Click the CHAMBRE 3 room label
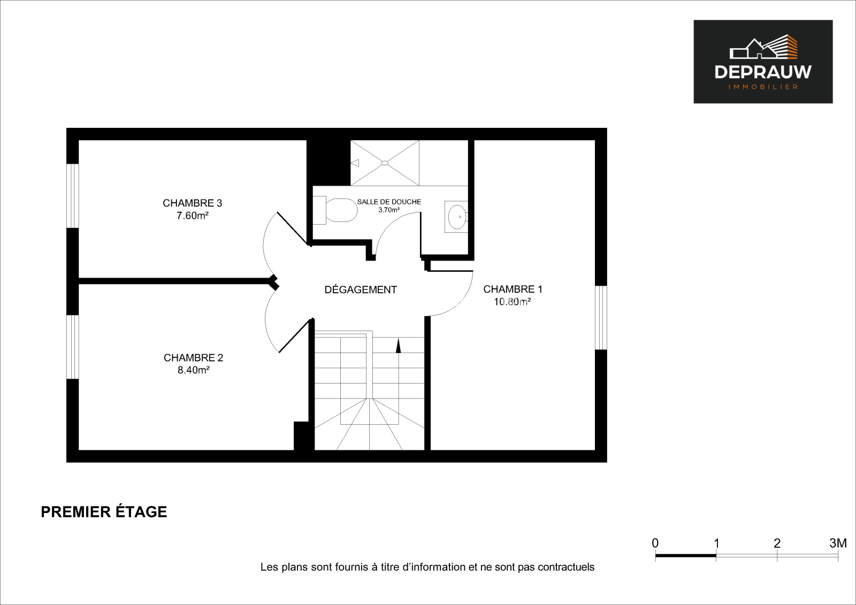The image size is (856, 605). (192, 203)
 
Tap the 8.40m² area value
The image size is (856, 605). (193, 370)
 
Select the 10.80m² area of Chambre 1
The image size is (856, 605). (512, 302)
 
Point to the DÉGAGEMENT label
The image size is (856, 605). (361, 289)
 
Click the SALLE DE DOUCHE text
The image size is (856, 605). (389, 202)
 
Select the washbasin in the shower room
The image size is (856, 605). (456, 217)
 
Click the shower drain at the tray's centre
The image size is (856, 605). (385, 163)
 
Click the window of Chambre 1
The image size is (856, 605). (601, 318)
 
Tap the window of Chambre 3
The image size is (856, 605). (73, 196)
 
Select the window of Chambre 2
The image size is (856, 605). (73, 347)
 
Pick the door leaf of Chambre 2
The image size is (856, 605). (295, 336)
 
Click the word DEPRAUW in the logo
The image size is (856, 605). (763, 72)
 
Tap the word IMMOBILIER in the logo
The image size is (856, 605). (763, 87)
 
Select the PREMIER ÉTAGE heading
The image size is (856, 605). (104, 512)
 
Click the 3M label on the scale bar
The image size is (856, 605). (838, 543)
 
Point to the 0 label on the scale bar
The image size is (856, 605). (655, 543)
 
